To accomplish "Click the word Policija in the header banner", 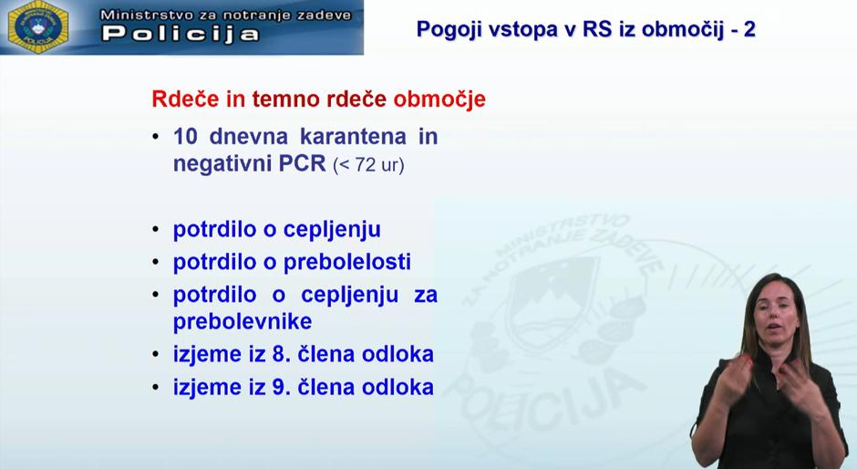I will coord(181,35).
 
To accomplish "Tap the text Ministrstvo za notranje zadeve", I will coord(218,15).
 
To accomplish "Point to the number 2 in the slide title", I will coord(749,29).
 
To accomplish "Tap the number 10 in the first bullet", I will coord(186,137).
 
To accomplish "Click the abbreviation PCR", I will coord(302,164).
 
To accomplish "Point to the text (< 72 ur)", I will coord(368,166).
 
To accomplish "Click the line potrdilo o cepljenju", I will coord(277,229).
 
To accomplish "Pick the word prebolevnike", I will coord(243,321).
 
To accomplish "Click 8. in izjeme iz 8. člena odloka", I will coord(281,354).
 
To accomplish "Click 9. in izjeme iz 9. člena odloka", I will coord(281,387).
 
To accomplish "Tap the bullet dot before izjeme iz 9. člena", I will coord(156,388).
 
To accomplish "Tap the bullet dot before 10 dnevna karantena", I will coord(156,138).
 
